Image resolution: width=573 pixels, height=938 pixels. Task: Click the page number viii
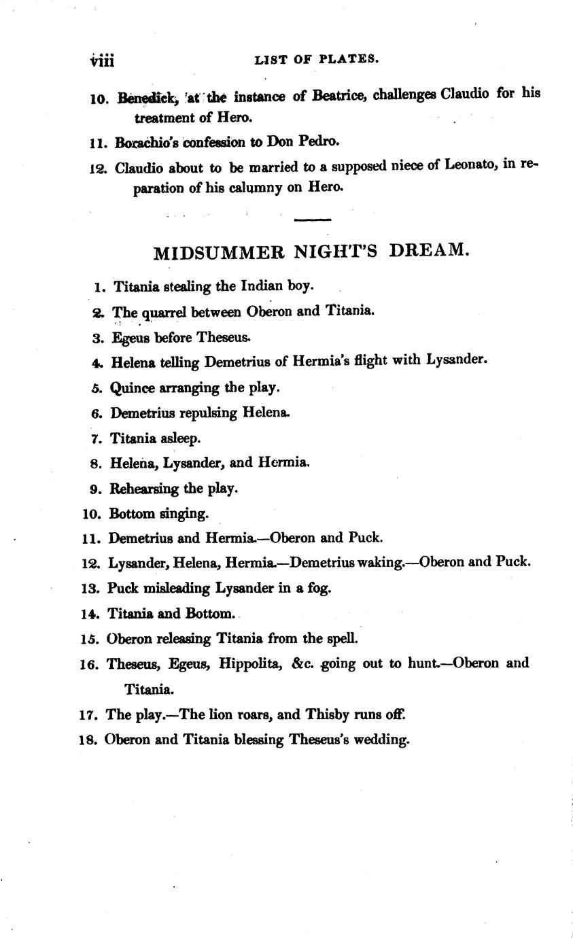102,61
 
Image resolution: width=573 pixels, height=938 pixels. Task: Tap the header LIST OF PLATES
316,60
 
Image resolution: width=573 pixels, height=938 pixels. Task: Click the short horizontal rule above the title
313,220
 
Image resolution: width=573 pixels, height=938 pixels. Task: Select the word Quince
132,388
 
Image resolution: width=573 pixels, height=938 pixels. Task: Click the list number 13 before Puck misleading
90,588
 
